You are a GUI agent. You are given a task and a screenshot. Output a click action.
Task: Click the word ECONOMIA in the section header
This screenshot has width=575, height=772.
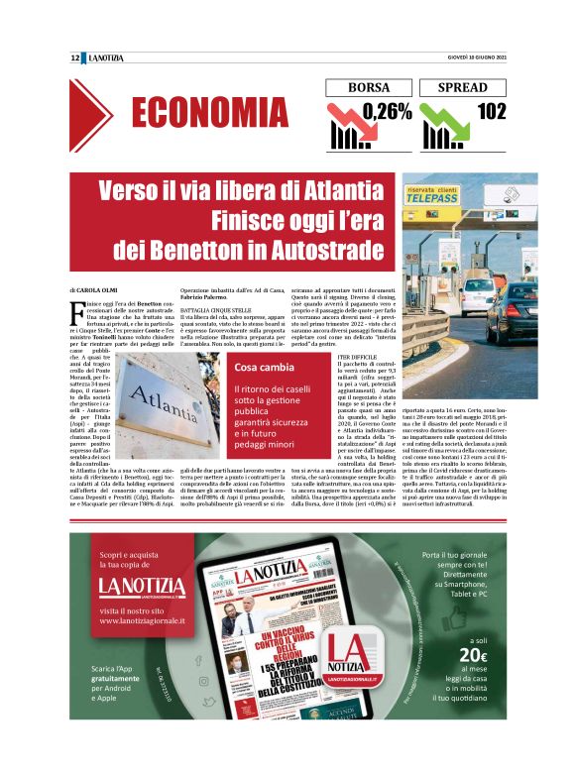pos(208,114)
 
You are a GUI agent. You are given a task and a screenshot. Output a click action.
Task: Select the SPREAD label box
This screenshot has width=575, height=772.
pos(462,87)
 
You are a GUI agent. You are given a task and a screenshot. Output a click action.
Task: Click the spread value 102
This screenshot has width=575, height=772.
pos(491,110)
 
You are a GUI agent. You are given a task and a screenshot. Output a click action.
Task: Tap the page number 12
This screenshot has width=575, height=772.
pos(75,58)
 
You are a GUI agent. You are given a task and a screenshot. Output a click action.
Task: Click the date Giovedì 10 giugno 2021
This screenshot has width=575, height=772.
pos(475,58)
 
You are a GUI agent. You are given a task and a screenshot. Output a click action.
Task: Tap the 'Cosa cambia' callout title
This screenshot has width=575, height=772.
pos(259,369)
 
